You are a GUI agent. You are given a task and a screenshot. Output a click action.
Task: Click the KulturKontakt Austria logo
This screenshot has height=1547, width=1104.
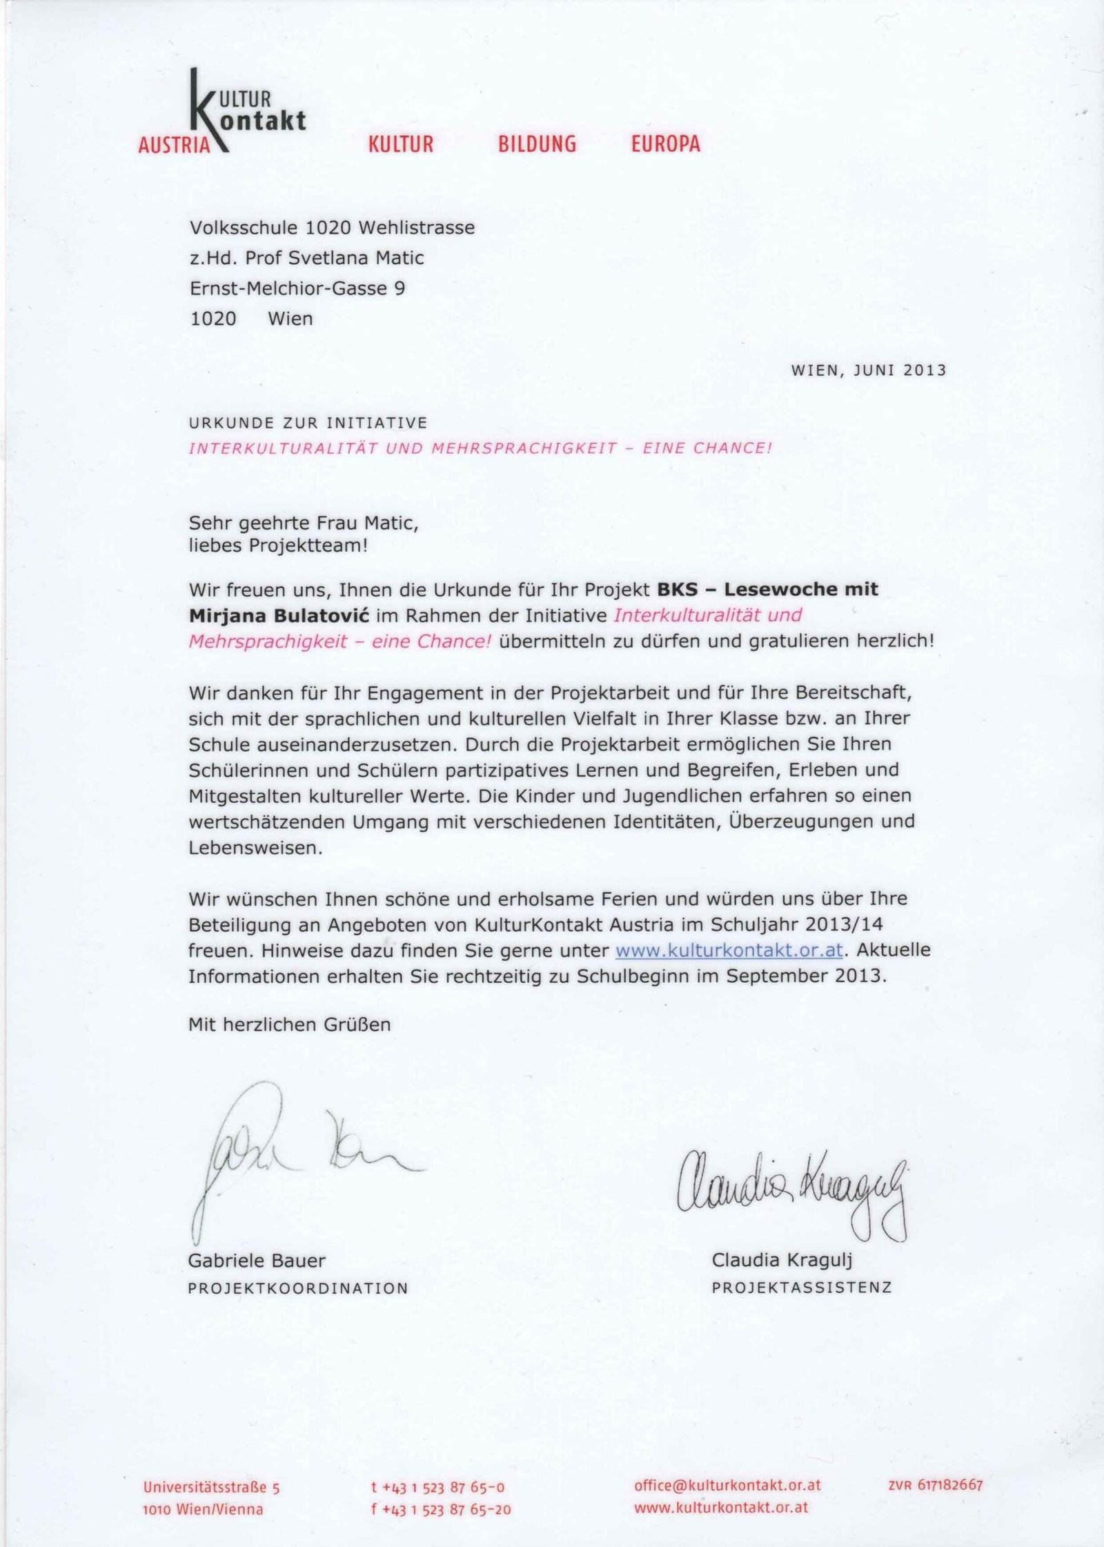tap(221, 114)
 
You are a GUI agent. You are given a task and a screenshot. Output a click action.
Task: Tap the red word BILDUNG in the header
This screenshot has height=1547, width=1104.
tap(537, 143)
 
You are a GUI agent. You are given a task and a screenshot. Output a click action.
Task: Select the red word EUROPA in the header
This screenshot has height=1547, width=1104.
tap(665, 143)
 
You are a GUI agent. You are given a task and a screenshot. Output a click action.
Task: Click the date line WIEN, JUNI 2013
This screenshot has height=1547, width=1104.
tap(868, 370)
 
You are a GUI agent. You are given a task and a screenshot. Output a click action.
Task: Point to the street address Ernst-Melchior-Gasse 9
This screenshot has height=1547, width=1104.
tap(297, 288)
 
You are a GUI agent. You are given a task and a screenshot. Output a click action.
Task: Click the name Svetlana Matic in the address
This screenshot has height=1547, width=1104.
tap(355, 258)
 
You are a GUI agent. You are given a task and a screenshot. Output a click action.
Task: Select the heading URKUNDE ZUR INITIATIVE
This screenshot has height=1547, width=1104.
tap(308, 422)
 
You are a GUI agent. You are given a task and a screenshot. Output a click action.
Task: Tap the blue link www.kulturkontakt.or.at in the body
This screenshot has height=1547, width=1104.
tap(729, 950)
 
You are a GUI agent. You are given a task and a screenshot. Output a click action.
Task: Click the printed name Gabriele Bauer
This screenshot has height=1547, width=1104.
tap(257, 1261)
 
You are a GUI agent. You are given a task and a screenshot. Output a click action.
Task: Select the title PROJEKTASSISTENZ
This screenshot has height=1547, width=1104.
tap(802, 1288)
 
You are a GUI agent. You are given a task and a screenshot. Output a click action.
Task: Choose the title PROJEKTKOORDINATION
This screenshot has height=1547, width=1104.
tap(298, 1288)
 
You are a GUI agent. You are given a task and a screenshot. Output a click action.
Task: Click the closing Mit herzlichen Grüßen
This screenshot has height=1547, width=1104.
tap(290, 1025)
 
